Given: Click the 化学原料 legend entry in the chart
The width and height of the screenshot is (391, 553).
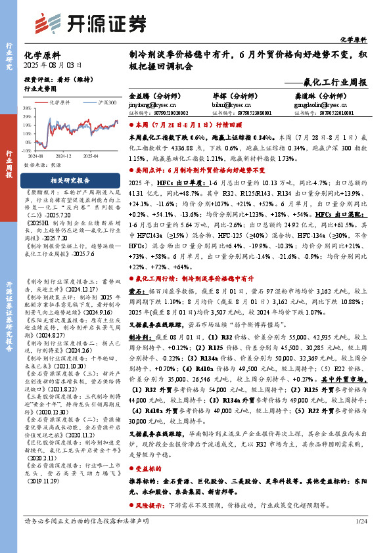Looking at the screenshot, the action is click(x=58, y=103).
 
